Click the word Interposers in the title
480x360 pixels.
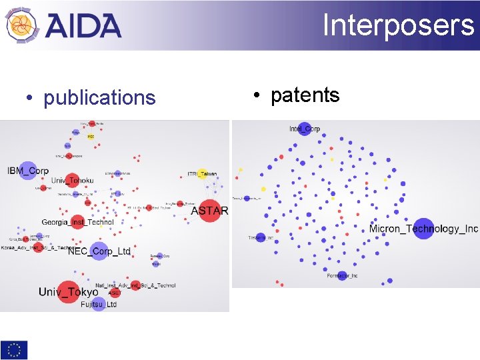(x=398, y=25)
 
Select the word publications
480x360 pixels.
(x=99, y=98)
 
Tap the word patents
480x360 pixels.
(x=305, y=95)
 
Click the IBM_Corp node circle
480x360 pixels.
(x=28, y=171)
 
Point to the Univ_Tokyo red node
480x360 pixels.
(x=68, y=291)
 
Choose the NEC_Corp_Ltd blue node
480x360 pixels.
(x=99, y=251)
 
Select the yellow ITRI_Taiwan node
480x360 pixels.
(x=201, y=174)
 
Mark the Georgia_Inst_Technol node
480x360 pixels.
(x=78, y=222)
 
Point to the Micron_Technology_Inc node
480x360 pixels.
(x=423, y=229)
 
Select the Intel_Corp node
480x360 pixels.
(x=304, y=129)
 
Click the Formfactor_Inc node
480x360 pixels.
(x=342, y=275)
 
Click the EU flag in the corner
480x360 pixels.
(x=14, y=349)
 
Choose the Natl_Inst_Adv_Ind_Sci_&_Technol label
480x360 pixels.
(x=135, y=285)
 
